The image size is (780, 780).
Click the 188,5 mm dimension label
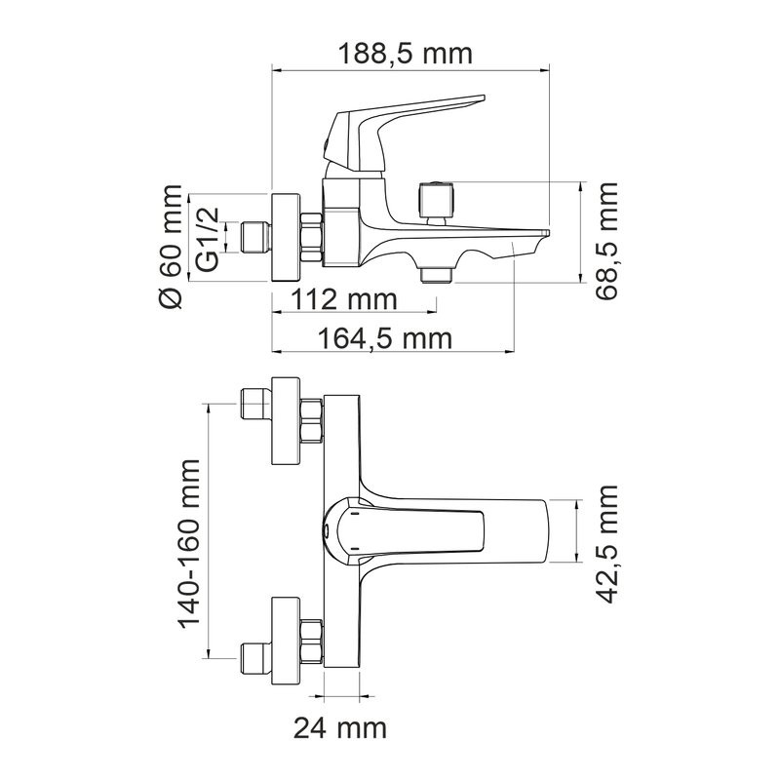[404, 53]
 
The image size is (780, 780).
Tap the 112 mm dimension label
[331, 298]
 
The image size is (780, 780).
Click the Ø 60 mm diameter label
[172, 247]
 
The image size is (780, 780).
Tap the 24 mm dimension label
[341, 726]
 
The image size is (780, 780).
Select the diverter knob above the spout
[435, 201]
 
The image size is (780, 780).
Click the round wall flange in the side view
[287, 237]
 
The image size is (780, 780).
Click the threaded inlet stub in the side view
[254, 237]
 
